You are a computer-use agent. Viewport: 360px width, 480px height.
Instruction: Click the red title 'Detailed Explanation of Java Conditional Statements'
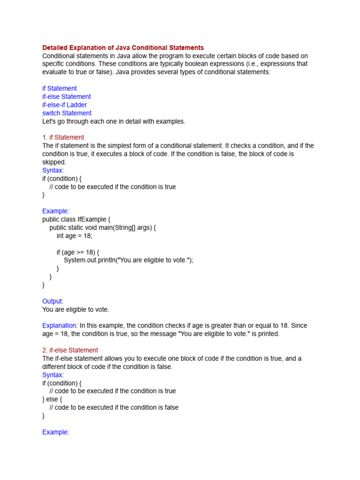pos(123,48)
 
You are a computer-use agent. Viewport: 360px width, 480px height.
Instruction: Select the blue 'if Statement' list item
pos(60,88)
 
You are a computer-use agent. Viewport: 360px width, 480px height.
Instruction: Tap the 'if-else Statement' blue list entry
pos(67,97)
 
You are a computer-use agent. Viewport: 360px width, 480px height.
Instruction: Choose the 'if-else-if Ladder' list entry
pos(64,105)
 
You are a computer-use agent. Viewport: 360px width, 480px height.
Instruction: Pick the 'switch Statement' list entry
pos(67,113)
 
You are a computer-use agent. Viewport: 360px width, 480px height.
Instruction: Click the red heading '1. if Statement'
pos(63,137)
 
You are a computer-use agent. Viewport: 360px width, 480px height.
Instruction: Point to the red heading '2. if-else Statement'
pos(70,350)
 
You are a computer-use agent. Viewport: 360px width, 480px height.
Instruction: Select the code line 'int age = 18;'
pos(75,236)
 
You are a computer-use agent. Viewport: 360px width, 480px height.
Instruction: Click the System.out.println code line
pos(128,260)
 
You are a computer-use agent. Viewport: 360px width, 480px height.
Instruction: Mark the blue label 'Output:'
pos(52,301)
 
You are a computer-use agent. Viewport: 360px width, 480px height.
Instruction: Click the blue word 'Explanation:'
pos(60,325)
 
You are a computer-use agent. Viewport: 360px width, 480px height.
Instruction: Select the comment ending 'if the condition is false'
pos(113,407)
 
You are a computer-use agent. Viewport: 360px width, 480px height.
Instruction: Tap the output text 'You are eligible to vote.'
pos(75,309)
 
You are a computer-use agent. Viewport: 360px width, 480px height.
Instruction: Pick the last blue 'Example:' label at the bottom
pos(55,432)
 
